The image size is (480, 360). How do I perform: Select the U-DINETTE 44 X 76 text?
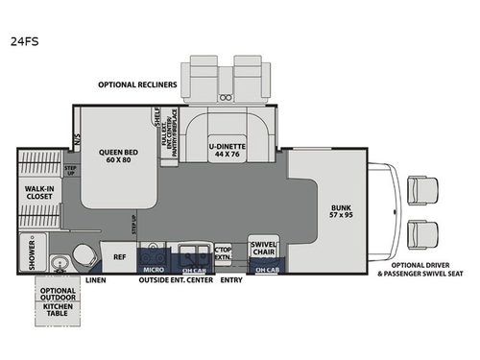[x=228, y=151]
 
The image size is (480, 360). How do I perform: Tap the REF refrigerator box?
[x=120, y=257]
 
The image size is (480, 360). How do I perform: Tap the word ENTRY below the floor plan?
[x=231, y=280]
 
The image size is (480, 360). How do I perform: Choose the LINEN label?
[x=94, y=280]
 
